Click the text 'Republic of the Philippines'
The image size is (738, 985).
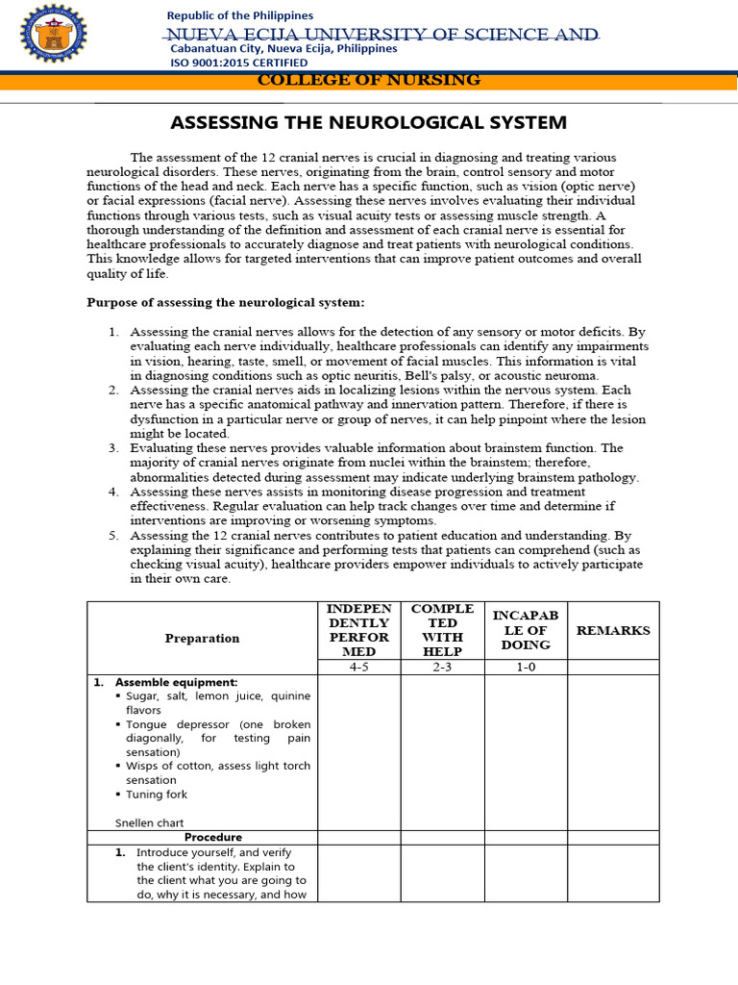(x=240, y=15)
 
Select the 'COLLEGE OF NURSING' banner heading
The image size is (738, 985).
(x=369, y=80)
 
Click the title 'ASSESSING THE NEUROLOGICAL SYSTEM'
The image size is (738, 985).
(x=368, y=123)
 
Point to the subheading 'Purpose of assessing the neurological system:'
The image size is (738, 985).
(x=226, y=302)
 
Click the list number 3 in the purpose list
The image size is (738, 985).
(x=112, y=448)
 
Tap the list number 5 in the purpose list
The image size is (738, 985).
(x=112, y=535)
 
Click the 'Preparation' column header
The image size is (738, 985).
(x=202, y=638)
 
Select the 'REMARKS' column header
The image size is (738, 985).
(x=612, y=630)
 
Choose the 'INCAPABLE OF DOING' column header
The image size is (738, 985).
(x=525, y=630)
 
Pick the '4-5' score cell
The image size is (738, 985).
(x=358, y=667)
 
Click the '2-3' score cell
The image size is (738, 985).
(x=442, y=667)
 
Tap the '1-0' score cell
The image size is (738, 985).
(x=525, y=667)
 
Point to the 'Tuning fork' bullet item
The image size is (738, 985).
(x=157, y=795)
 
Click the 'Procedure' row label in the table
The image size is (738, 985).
(x=213, y=837)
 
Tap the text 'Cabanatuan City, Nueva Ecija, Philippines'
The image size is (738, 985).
(x=283, y=48)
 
